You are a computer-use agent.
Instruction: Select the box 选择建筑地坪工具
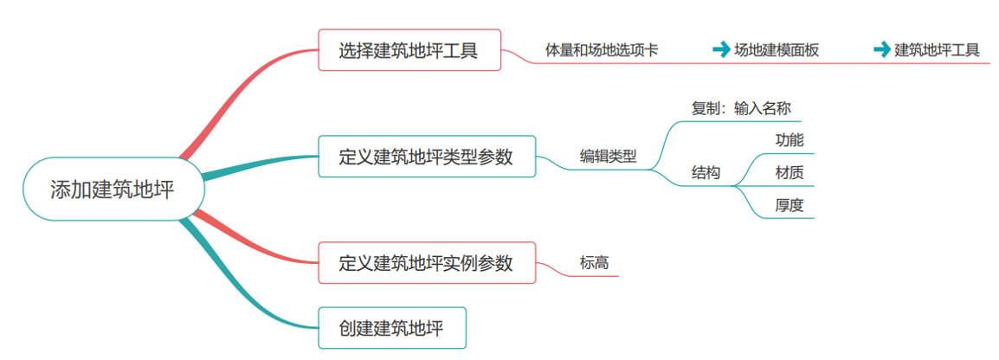point(409,51)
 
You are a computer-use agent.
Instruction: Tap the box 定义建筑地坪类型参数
point(427,157)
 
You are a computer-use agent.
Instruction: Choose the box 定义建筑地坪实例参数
point(427,262)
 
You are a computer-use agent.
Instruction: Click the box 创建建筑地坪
point(391,328)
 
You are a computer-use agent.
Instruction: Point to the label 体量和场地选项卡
point(601,50)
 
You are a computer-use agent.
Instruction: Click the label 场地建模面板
point(777,50)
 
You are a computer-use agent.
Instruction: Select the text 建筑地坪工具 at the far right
point(937,50)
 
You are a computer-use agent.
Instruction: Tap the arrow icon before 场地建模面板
point(720,50)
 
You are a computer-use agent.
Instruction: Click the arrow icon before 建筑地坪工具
point(881,50)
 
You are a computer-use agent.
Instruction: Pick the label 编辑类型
point(608,157)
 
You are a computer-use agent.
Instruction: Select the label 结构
point(706,173)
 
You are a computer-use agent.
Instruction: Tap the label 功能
point(789,139)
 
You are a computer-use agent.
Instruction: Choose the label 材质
point(789,172)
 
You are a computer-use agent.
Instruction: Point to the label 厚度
point(789,205)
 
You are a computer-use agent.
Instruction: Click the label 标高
point(594,262)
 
